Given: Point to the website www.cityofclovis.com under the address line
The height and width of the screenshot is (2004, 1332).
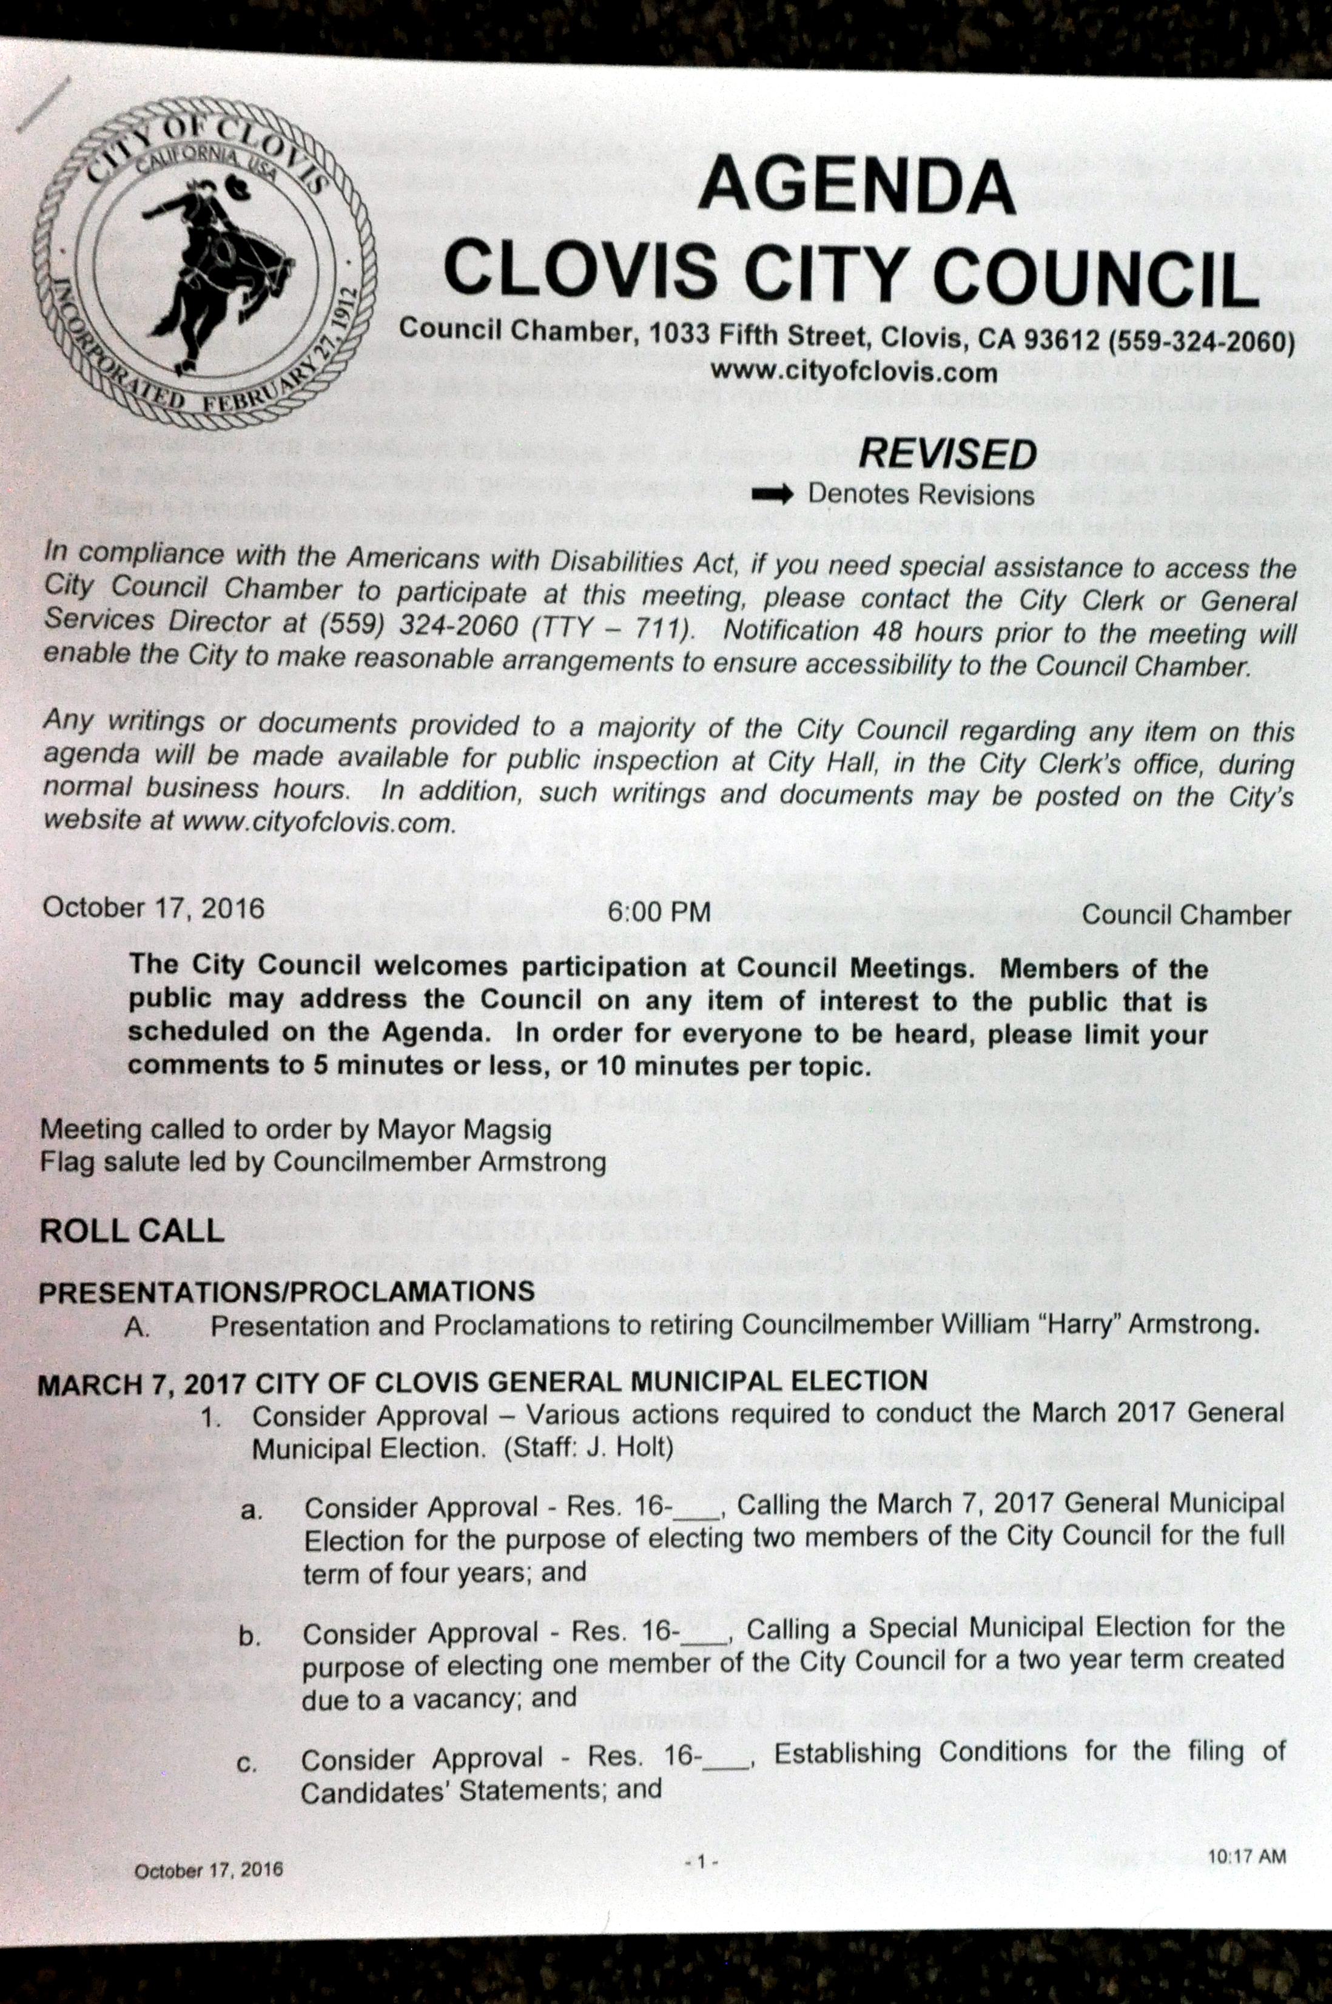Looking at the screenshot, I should click(x=854, y=372).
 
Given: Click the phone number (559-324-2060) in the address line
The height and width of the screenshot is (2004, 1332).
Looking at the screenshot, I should click(x=1202, y=342).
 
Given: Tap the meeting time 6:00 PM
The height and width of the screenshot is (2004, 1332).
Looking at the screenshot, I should click(x=659, y=913).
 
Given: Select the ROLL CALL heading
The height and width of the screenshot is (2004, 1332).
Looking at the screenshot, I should click(x=132, y=1232).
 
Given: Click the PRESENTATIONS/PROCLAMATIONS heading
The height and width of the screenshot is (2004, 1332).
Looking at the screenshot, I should click(x=286, y=1292).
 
